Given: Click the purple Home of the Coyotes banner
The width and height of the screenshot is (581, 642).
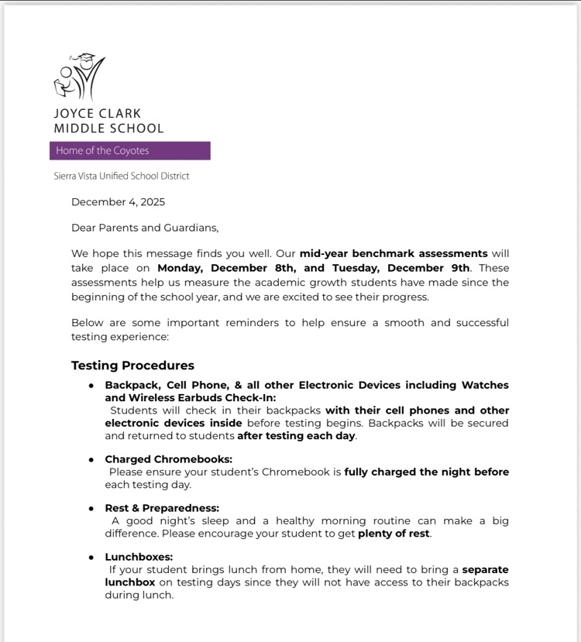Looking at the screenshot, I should [130, 151].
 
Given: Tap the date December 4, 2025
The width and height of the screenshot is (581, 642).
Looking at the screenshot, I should [118, 202].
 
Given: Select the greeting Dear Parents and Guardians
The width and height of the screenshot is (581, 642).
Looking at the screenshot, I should [145, 228].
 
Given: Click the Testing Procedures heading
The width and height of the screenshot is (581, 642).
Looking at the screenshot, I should [132, 366].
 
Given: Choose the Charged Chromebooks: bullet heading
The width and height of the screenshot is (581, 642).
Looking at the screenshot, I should [168, 459].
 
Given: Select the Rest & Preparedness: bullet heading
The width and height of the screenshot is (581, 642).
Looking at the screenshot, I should [162, 508].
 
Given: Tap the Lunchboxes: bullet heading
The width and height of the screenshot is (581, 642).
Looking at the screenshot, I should [139, 557].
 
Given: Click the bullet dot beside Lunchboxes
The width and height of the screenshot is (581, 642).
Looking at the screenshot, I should [91, 558].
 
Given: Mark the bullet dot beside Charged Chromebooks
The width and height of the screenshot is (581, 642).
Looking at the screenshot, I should [91, 460].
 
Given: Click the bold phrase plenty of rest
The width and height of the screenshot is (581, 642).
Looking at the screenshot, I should [394, 534].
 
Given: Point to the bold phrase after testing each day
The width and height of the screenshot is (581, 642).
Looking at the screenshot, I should [296, 436].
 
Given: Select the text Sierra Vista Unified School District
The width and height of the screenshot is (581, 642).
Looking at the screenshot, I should [122, 176].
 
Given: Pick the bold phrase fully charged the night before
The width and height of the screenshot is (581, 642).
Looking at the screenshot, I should [426, 472].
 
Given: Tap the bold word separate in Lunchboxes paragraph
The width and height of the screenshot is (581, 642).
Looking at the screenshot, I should [486, 570].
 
